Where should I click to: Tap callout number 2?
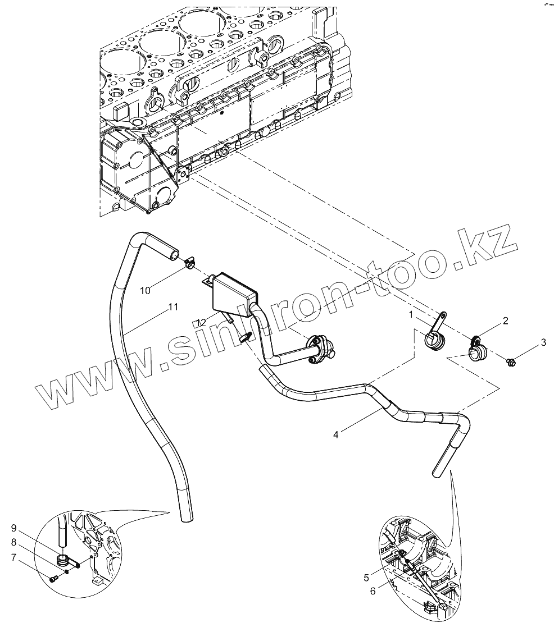505,320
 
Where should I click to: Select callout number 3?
543,341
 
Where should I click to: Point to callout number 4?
335,434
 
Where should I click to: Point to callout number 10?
146,290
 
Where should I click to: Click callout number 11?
173,307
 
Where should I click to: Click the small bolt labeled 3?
511,363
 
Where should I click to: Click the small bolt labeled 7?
53,579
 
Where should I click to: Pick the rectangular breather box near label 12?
233,295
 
